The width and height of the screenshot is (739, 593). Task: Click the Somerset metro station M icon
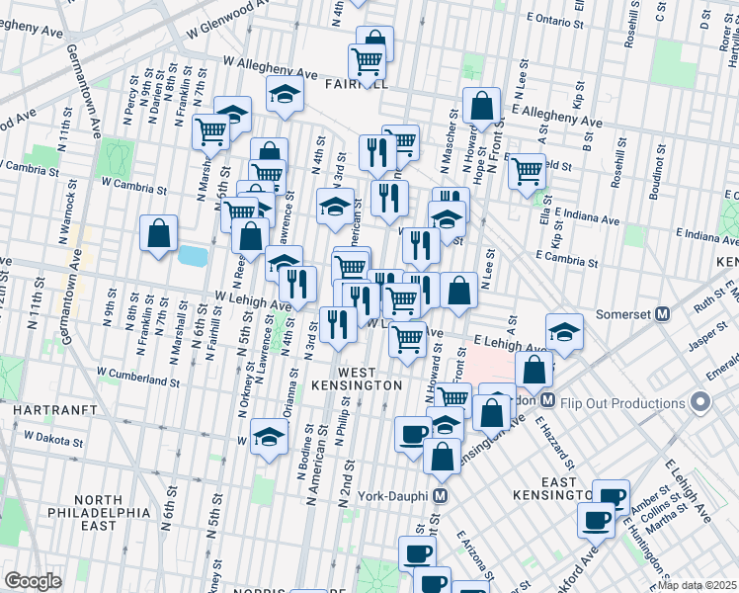[x=663, y=314]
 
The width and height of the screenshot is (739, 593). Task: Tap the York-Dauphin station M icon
[x=441, y=495]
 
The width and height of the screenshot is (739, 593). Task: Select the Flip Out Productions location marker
[x=701, y=402]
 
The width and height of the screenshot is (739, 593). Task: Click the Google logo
[x=32, y=581]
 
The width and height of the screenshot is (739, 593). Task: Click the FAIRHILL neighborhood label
[x=355, y=86]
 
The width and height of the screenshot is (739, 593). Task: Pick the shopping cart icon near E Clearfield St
[x=527, y=170]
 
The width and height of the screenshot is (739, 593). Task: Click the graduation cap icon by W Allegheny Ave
[x=285, y=95]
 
